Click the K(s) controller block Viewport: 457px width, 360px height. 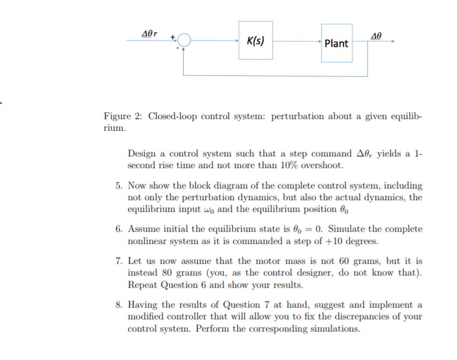tap(255, 40)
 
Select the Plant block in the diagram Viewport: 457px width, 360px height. tap(336, 43)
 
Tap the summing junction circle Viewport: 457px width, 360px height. tap(184, 41)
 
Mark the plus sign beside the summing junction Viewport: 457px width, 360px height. tap(173, 36)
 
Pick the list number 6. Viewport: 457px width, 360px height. tap(119, 229)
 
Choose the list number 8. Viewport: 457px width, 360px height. tap(119, 305)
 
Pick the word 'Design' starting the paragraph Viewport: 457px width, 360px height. tap(142, 154)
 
